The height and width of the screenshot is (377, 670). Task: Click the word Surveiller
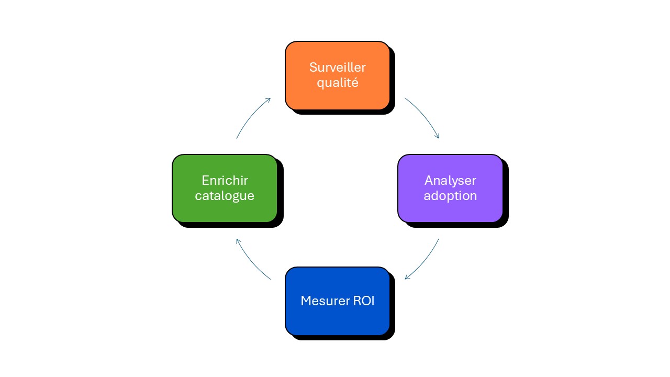(x=337, y=68)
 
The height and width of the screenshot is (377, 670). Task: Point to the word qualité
(x=337, y=83)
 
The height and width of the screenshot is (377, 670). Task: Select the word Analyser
(x=450, y=181)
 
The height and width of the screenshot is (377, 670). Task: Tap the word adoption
(x=450, y=196)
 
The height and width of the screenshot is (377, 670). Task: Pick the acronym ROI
(x=363, y=301)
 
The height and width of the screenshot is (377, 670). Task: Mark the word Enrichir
(x=225, y=181)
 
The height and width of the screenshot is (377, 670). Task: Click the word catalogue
(x=225, y=196)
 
